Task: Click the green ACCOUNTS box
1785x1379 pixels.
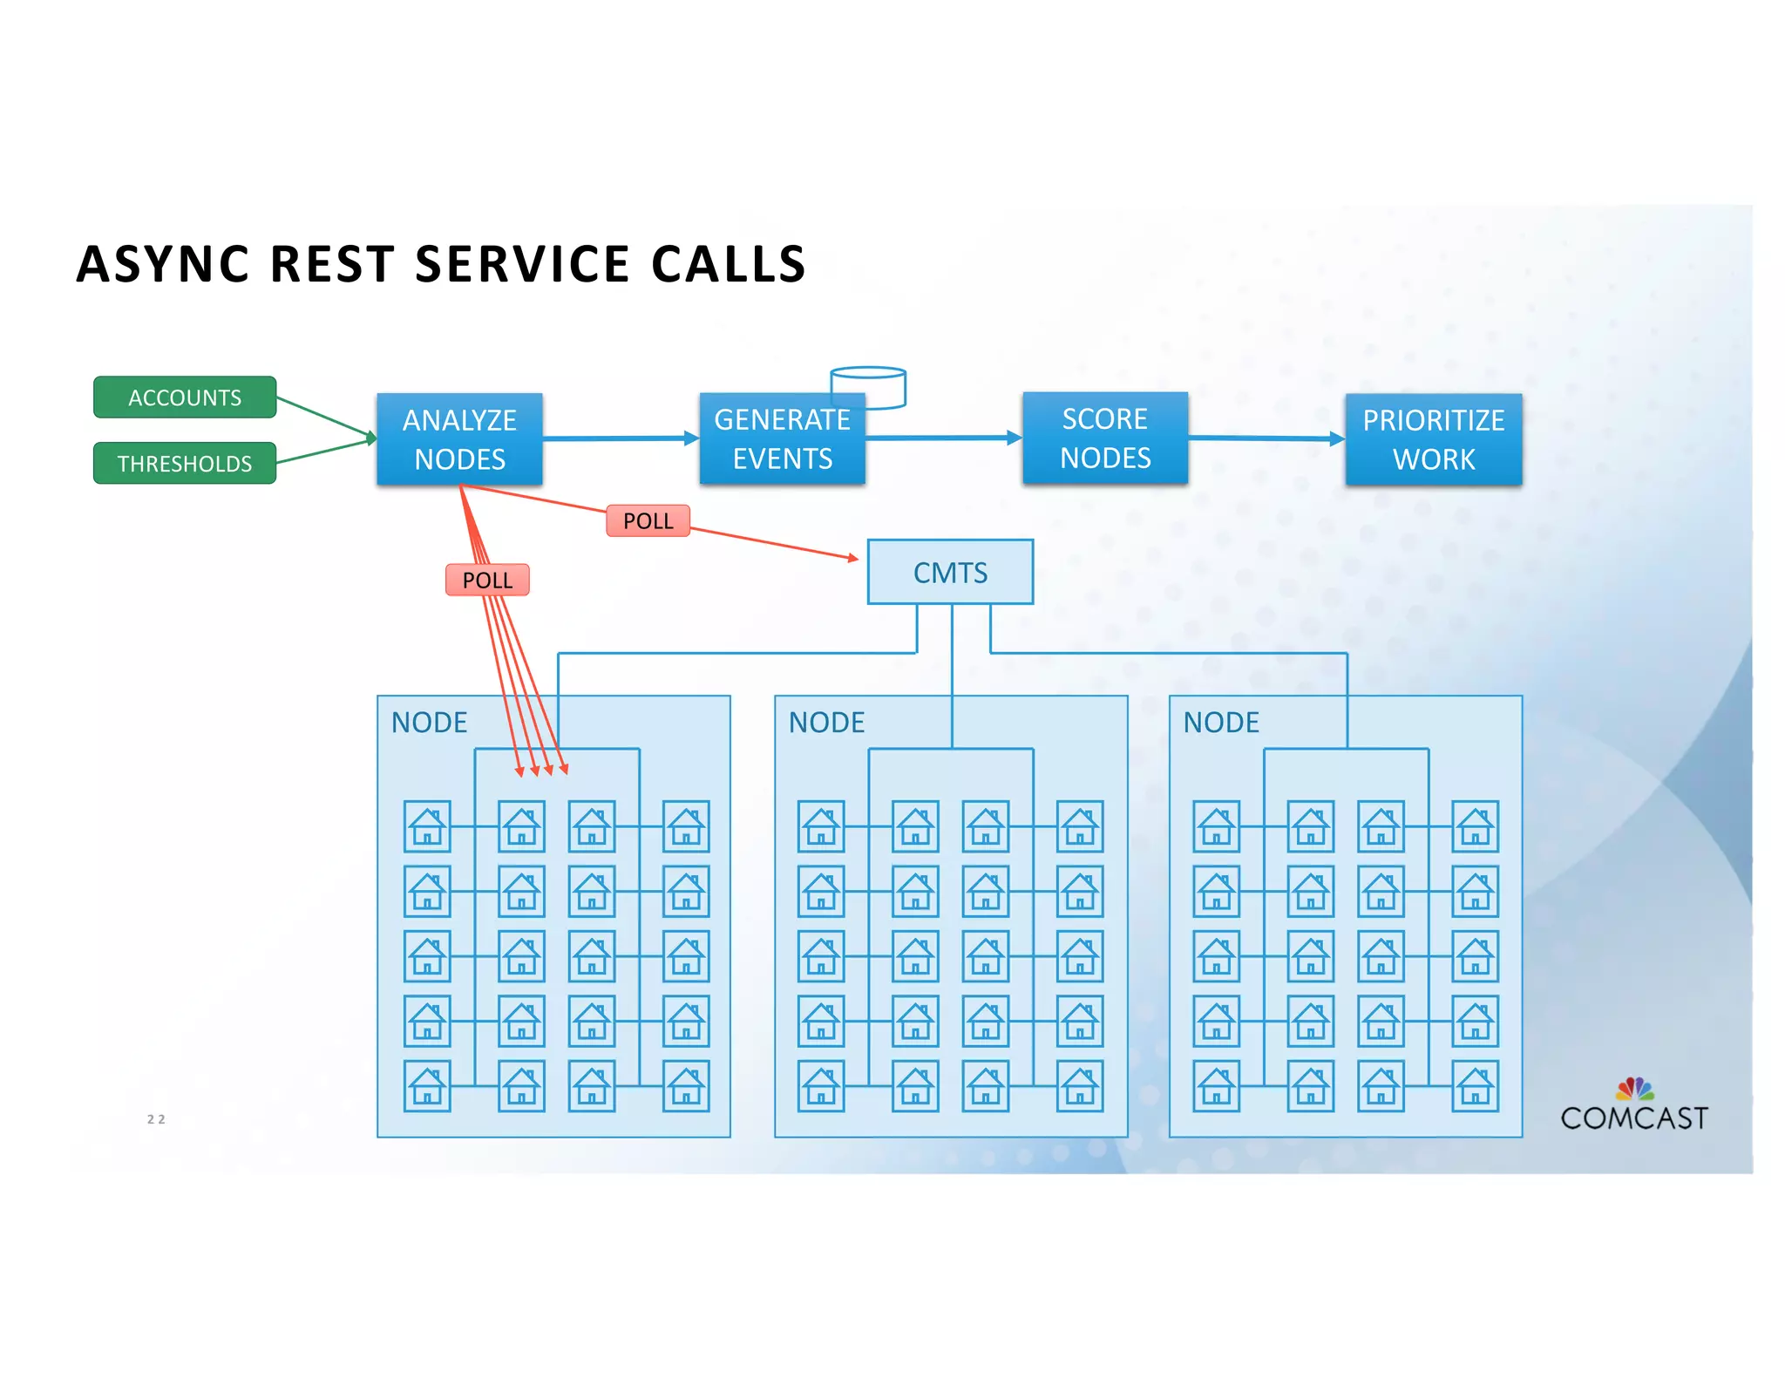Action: pos(185,397)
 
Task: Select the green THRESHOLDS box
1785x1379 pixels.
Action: pos(185,463)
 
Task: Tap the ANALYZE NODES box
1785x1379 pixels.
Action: pos(459,438)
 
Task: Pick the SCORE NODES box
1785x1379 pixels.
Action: pos(1104,438)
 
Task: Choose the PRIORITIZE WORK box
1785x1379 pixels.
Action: pos(1433,439)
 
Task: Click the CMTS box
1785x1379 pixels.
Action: pos(950,572)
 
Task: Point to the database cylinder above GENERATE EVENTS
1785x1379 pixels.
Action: pos(868,384)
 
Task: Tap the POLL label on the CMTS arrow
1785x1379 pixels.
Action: pos(648,520)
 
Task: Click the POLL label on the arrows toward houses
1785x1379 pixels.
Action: pos(487,580)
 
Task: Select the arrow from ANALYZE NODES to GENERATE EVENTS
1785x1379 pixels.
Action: pos(619,438)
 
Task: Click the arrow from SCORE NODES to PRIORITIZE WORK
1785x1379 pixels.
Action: pos(1266,438)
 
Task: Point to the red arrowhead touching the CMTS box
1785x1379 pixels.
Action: pos(853,558)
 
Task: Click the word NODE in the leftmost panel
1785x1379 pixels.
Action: pos(429,722)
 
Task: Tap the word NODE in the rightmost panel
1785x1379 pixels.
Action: pos(1220,722)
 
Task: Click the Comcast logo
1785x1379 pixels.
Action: pos(1633,1106)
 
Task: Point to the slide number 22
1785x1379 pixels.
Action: pos(156,1119)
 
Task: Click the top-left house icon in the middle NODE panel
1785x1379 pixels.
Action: pos(821,826)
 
